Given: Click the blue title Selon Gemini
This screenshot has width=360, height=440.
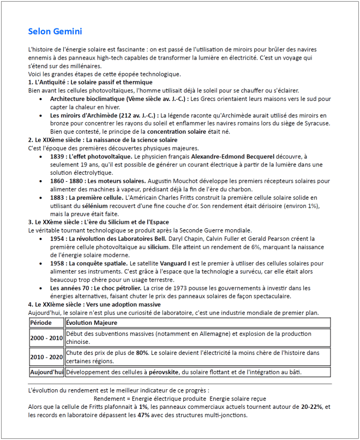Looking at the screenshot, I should pos(55,31).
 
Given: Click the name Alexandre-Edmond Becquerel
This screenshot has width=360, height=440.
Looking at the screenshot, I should pos(238,156).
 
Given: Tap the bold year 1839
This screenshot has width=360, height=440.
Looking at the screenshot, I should pos(58,156).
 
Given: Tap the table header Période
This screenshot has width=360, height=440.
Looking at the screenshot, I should pos(41,323).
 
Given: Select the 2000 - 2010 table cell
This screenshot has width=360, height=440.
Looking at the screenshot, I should pos(46,338).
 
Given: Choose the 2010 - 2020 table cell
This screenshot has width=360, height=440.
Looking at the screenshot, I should pos(46,357).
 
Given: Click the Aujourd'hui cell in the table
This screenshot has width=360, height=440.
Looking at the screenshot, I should pos(46,372).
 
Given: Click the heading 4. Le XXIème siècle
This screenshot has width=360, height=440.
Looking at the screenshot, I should pos(94,304).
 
